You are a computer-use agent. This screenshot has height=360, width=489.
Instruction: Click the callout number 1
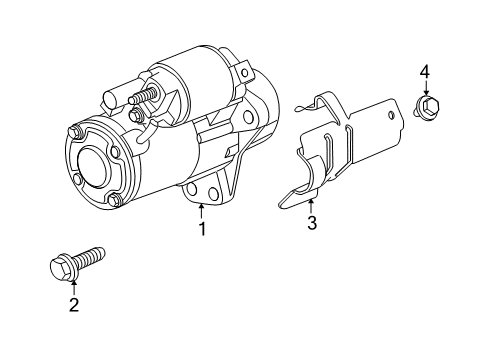pos(201,229)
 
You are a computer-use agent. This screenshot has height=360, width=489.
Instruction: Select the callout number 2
pos(73,305)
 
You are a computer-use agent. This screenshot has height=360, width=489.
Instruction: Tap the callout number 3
pos(311,223)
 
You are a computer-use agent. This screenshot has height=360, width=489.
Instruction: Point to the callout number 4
pos(424,71)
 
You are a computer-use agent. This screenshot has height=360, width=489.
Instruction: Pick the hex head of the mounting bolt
pos(59,267)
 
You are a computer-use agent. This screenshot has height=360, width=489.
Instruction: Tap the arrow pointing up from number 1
pos(201,210)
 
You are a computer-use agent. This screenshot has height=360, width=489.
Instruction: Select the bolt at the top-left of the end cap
pos(75,130)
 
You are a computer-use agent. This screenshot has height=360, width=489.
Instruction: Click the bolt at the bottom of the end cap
pos(115,201)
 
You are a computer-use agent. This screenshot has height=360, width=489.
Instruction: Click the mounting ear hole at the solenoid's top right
pos(243,72)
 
